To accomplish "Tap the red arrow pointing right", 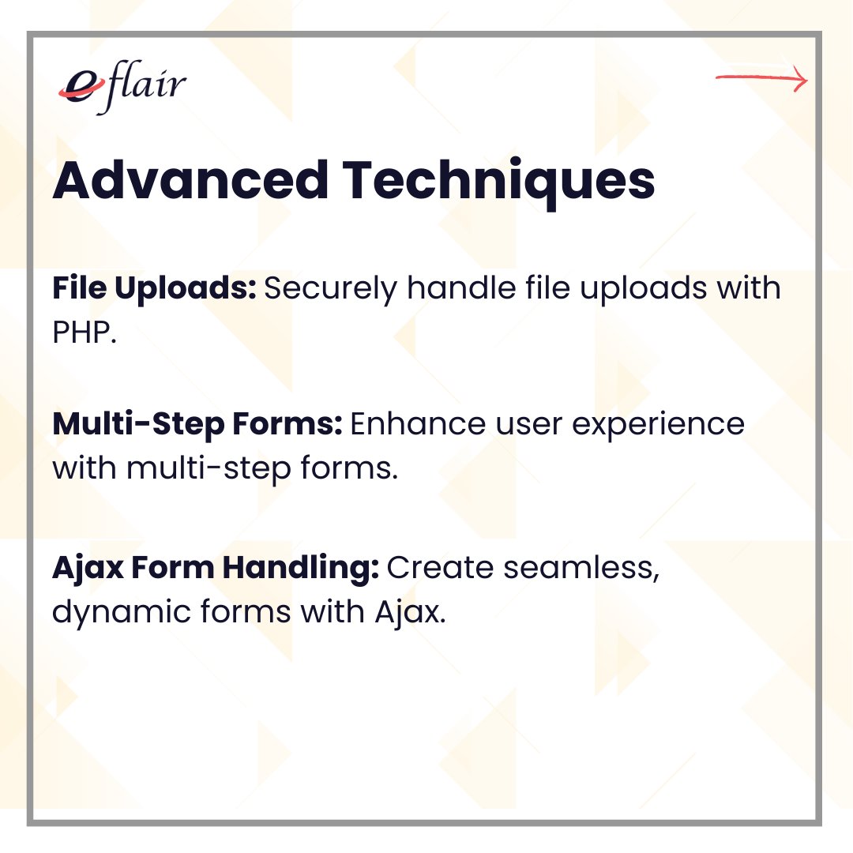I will pos(761,79).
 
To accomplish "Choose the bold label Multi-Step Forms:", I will pos(197,425).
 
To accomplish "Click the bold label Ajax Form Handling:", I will pos(216,568).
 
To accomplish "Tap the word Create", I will pos(438,568).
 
